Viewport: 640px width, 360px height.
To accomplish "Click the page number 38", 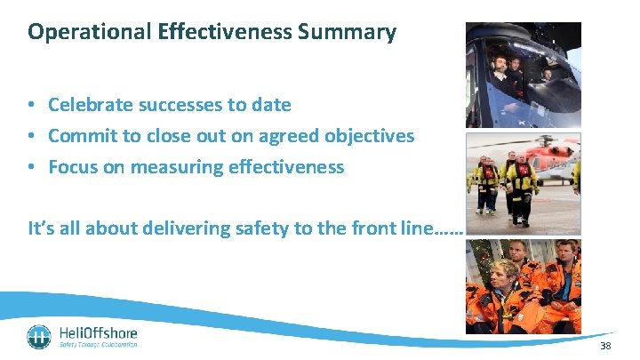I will [x=606, y=346].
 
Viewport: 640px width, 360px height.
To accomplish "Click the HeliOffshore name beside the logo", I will [x=98, y=332].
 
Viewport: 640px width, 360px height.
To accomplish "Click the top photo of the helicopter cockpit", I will [x=523, y=75].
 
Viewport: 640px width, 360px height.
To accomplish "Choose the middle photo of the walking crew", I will [x=523, y=182].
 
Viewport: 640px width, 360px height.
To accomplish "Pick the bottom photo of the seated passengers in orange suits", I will [x=523, y=286].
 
